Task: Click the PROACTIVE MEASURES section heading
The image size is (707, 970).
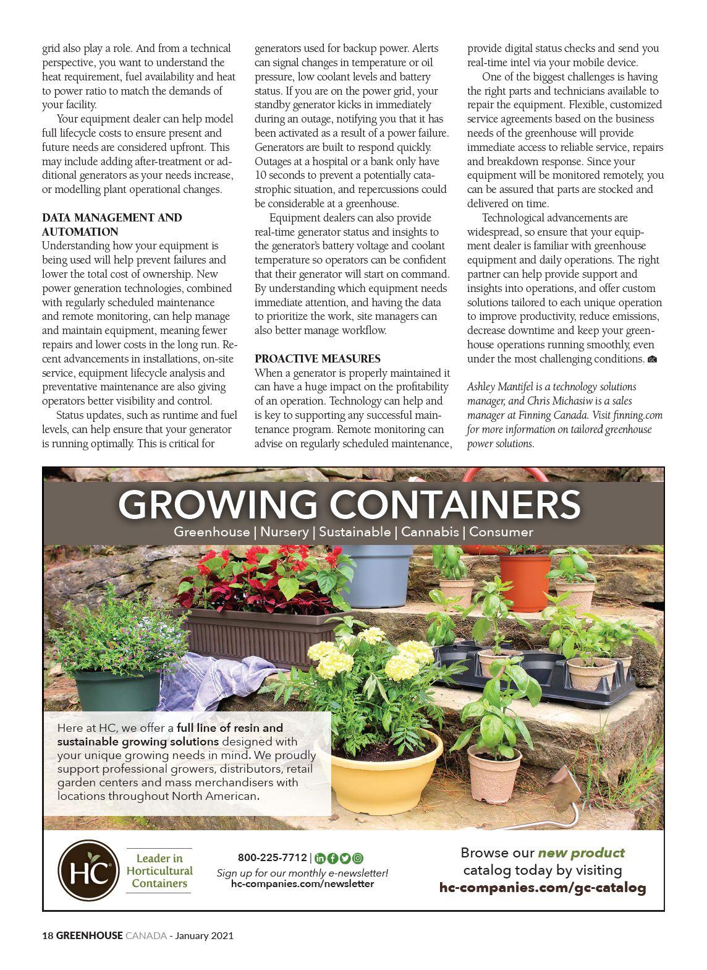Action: (317, 359)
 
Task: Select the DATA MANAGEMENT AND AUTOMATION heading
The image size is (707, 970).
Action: (112, 225)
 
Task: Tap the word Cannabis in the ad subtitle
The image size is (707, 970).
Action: (430, 532)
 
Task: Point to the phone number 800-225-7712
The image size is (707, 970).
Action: (272, 857)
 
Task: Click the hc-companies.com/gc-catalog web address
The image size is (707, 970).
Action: (542, 888)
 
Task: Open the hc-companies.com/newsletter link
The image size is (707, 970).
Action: (302, 883)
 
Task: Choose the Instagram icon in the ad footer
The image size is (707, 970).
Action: (358, 858)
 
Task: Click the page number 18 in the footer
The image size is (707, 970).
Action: (48, 936)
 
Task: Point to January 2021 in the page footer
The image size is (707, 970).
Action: (204, 936)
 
